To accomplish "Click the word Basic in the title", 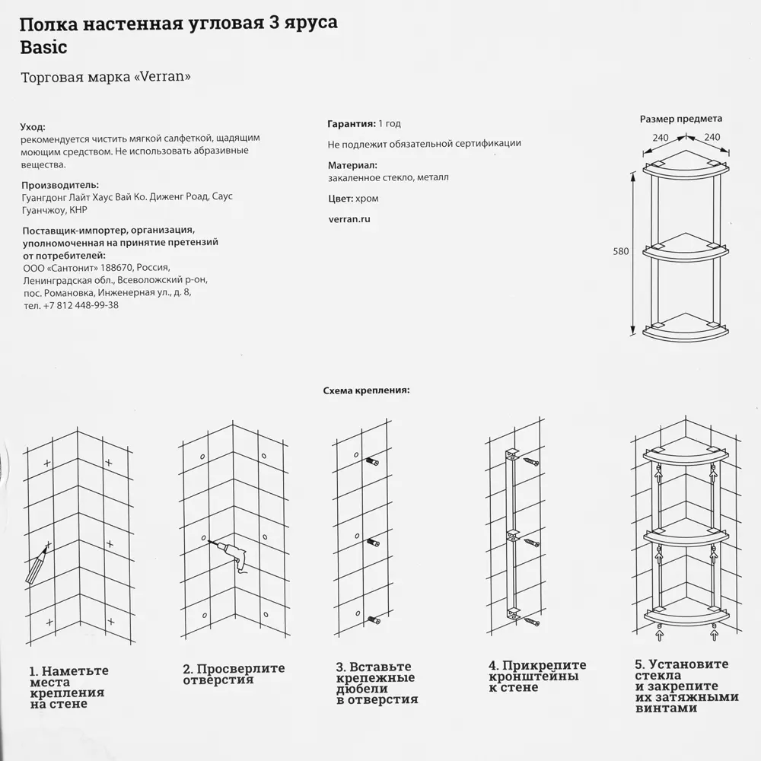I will [x=43, y=47].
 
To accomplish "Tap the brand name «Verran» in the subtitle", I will [x=162, y=78].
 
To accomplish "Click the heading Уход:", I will [x=33, y=127].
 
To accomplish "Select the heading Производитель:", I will [x=60, y=185].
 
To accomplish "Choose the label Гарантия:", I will [x=351, y=123].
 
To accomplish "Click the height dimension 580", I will [x=621, y=251].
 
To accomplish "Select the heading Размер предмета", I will [x=680, y=119].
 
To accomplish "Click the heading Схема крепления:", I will [x=366, y=390].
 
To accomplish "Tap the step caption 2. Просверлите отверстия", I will [x=233, y=674].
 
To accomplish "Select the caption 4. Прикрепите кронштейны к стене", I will [x=537, y=676].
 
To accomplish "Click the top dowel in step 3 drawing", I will [x=372, y=462].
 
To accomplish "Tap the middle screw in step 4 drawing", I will [x=530, y=542].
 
